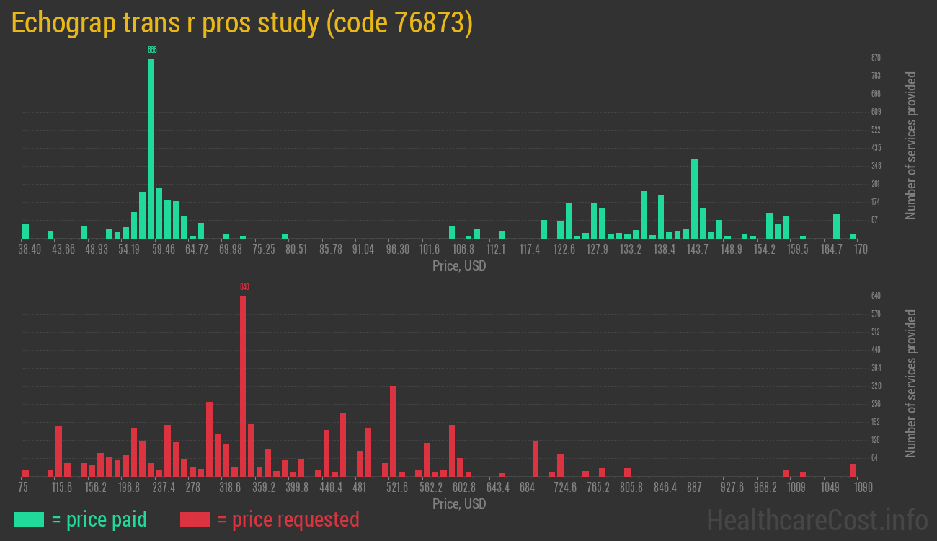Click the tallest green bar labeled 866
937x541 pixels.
point(151,148)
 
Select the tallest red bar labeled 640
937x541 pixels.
point(243,386)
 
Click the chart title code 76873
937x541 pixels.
point(242,24)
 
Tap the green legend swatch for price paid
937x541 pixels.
point(29,519)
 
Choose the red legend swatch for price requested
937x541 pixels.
point(195,519)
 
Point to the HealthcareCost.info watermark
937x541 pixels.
point(817,519)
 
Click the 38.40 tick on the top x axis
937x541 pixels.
point(30,250)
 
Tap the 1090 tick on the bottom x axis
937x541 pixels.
point(853,488)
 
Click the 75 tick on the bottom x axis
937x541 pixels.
point(24,488)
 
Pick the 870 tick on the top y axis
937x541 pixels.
point(876,58)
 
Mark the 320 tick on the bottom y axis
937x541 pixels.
point(876,386)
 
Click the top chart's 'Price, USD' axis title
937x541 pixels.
point(458,266)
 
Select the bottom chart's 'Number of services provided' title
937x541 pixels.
point(911,384)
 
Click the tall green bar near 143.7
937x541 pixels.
point(694,198)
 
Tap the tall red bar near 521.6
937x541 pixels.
point(393,431)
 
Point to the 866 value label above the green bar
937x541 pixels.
point(152,50)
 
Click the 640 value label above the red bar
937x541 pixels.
point(244,287)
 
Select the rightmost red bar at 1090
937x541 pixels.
point(853,470)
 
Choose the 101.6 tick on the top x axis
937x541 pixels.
point(430,250)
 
